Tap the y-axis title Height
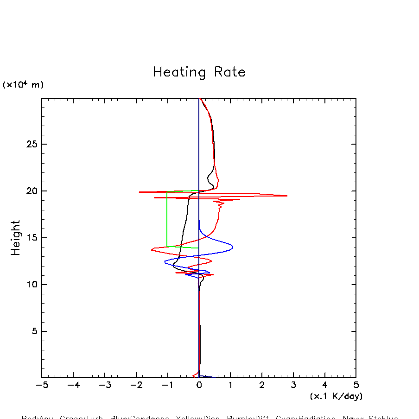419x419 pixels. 16,238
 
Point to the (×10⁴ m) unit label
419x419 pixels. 23,85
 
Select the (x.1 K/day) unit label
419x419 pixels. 336,396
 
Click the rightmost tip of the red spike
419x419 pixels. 287,196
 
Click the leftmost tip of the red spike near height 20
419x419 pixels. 139,192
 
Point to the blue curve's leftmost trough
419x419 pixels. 165,262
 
